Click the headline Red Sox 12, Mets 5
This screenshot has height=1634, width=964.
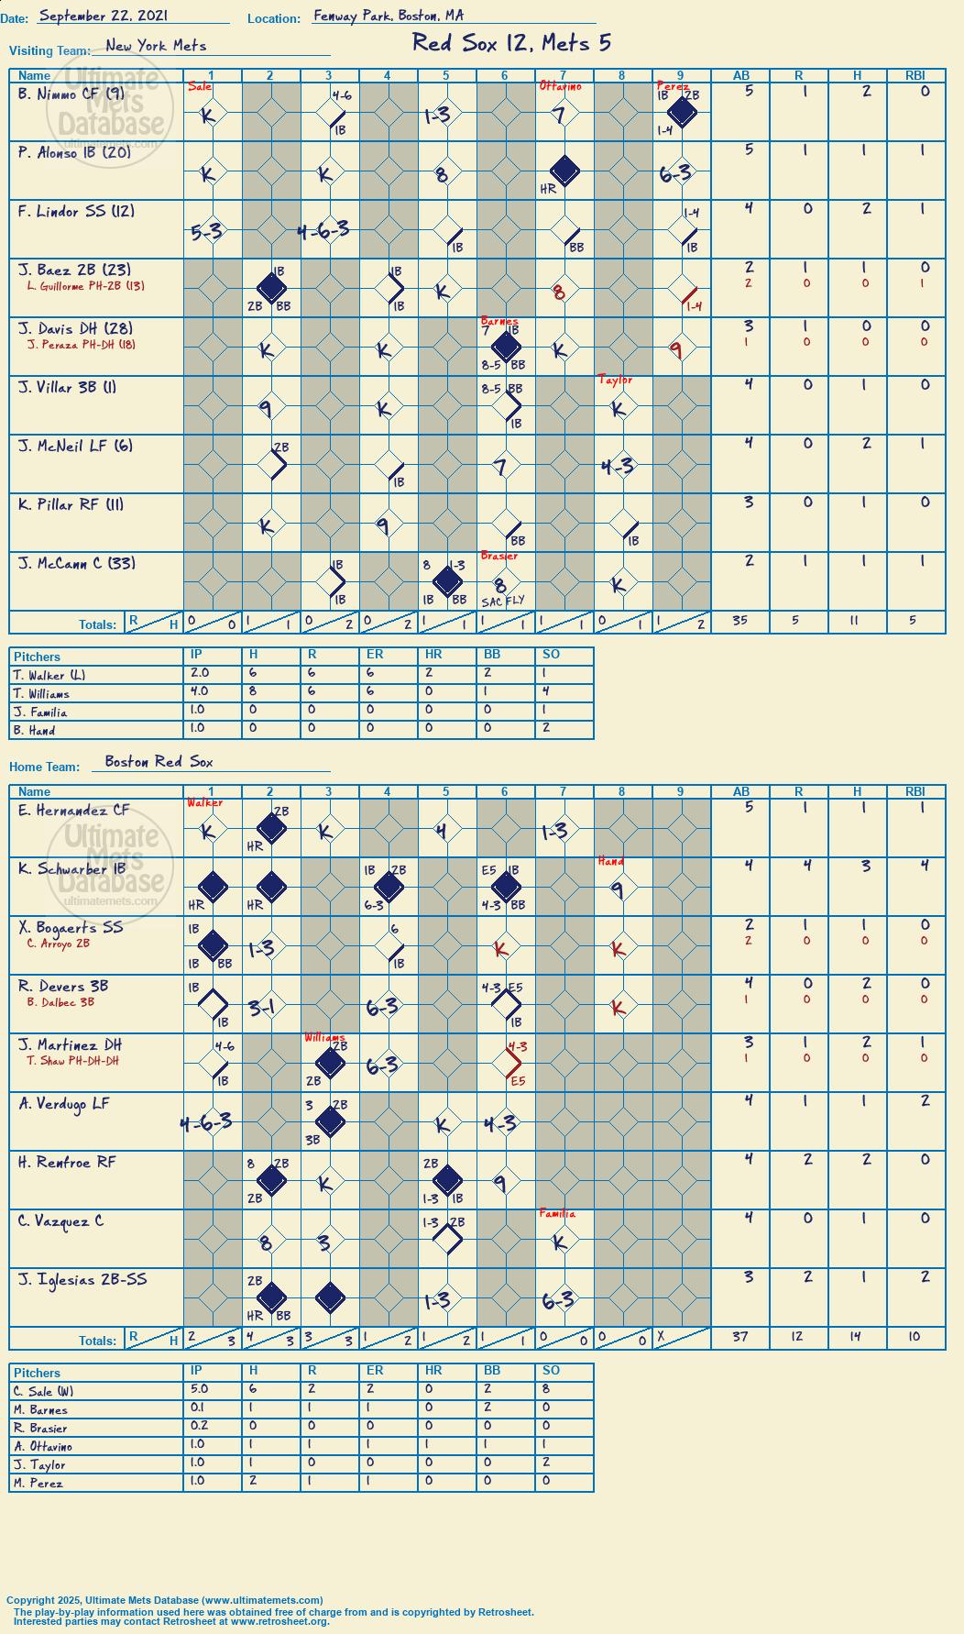click(x=511, y=43)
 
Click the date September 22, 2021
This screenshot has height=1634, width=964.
click(x=104, y=16)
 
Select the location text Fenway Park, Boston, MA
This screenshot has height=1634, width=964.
click(x=389, y=16)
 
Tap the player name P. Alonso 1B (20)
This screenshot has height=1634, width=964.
click(x=74, y=153)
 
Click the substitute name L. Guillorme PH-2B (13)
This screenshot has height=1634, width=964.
click(x=86, y=286)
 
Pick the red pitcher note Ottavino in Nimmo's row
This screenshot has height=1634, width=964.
click(x=560, y=86)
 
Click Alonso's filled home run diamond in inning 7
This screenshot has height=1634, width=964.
click(x=564, y=171)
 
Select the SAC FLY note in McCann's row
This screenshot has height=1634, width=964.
click(x=502, y=602)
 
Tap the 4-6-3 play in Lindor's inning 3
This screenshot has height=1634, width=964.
click(x=323, y=230)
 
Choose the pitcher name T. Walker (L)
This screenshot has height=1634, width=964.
click(x=49, y=676)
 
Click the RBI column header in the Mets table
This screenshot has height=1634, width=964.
click(x=915, y=76)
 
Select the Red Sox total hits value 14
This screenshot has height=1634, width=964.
click(x=856, y=1337)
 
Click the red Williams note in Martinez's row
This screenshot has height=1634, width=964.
click(x=325, y=1038)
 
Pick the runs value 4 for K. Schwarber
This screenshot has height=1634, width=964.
click(x=807, y=865)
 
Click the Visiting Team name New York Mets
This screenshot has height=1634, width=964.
click(x=156, y=45)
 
